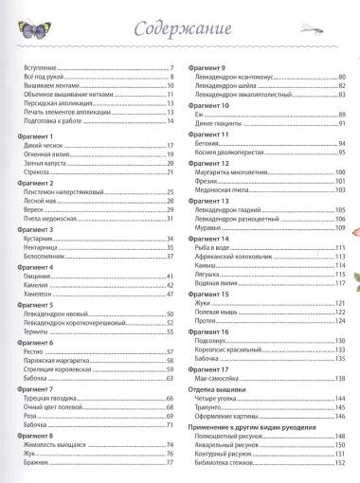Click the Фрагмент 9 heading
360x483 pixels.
point(207,68)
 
